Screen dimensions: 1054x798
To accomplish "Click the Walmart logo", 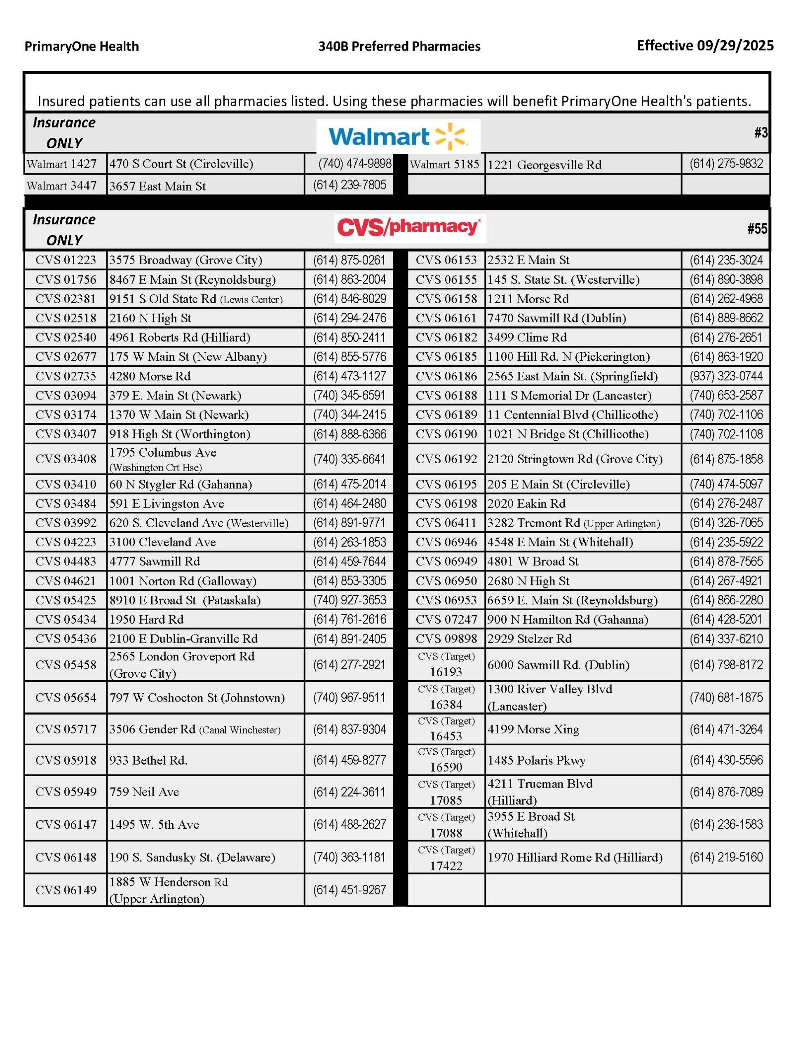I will [x=398, y=137].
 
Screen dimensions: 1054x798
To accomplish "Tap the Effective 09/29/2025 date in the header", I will [x=705, y=46].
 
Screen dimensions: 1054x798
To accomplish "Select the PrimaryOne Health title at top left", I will [x=82, y=46].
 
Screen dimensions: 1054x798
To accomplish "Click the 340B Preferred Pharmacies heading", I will [x=399, y=46].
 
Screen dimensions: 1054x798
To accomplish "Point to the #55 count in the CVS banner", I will [x=757, y=229].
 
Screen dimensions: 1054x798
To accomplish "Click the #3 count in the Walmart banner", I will [x=761, y=133].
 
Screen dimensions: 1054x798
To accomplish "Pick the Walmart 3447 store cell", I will [x=62, y=185].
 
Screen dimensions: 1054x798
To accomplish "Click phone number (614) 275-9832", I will [x=726, y=164].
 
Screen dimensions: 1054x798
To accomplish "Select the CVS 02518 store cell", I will [x=66, y=318].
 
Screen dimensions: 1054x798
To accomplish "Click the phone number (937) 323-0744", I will [x=726, y=376].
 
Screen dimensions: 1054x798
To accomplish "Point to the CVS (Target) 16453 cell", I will [x=446, y=729].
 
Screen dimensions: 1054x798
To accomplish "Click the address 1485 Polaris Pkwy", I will [x=536, y=760].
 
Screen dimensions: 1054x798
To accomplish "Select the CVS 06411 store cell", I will [x=446, y=523].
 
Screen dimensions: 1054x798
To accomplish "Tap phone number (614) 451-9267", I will [x=349, y=890].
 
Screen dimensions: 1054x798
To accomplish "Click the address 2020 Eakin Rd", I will [x=526, y=504].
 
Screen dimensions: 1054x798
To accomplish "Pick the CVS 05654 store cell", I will [x=66, y=697].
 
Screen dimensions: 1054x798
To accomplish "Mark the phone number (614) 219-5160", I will [x=726, y=857].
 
